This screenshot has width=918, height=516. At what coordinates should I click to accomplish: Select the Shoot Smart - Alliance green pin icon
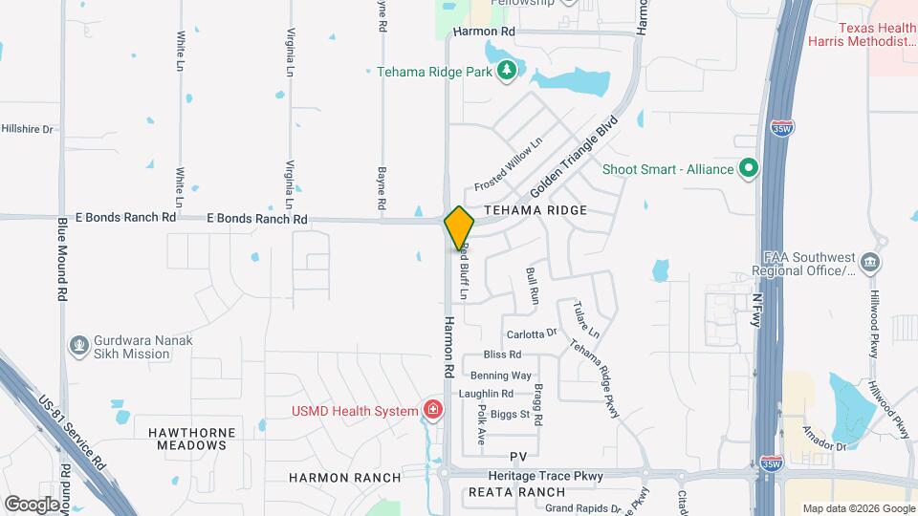[750, 169]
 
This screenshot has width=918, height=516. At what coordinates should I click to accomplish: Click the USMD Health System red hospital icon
[433, 411]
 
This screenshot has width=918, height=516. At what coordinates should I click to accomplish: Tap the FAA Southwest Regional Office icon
[870, 262]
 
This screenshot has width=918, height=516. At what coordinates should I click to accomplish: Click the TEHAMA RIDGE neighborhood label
[535, 209]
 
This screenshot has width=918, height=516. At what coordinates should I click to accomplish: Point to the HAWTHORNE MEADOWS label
[191, 440]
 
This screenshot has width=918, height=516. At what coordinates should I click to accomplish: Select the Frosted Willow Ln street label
[510, 161]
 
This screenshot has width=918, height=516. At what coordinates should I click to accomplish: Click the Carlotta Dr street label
[532, 333]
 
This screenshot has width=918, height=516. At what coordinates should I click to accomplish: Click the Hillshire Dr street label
[27, 128]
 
